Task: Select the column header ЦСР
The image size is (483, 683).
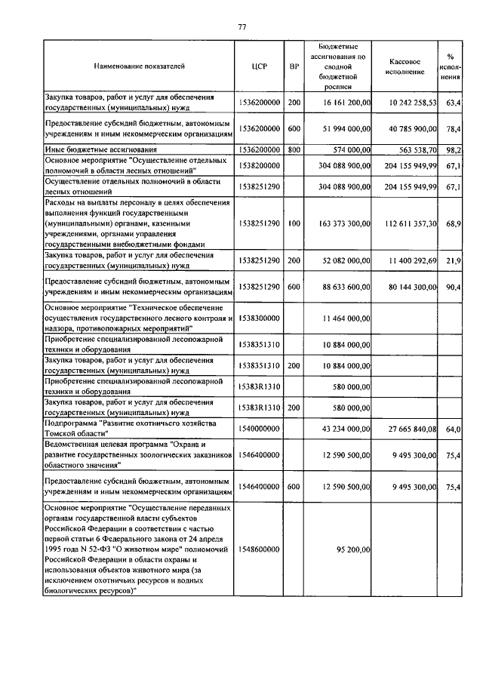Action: pos(259,66)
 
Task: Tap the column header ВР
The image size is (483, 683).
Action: pos(294,66)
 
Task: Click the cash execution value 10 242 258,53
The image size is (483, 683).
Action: pos(412,102)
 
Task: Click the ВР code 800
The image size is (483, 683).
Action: pos(294,150)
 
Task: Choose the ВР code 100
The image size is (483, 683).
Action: pos(294,224)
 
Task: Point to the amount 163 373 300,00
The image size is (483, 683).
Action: pos(343,224)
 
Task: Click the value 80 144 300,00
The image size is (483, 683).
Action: pos(412,288)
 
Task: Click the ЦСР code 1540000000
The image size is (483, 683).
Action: pos(259,429)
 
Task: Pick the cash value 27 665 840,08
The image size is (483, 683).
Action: pos(412,429)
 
